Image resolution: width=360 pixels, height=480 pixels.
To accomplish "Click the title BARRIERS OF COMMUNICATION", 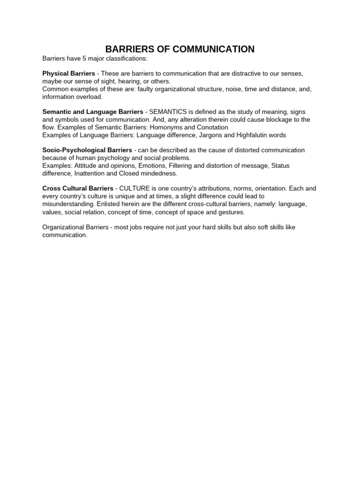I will (180, 49).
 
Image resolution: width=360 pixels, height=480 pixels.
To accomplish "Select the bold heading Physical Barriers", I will (68, 74).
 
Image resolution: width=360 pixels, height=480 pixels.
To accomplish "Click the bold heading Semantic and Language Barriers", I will (93, 112).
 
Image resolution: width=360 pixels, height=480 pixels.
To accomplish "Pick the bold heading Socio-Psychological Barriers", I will (87, 150).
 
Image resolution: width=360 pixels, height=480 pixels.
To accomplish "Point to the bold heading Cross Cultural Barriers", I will (78, 188).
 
